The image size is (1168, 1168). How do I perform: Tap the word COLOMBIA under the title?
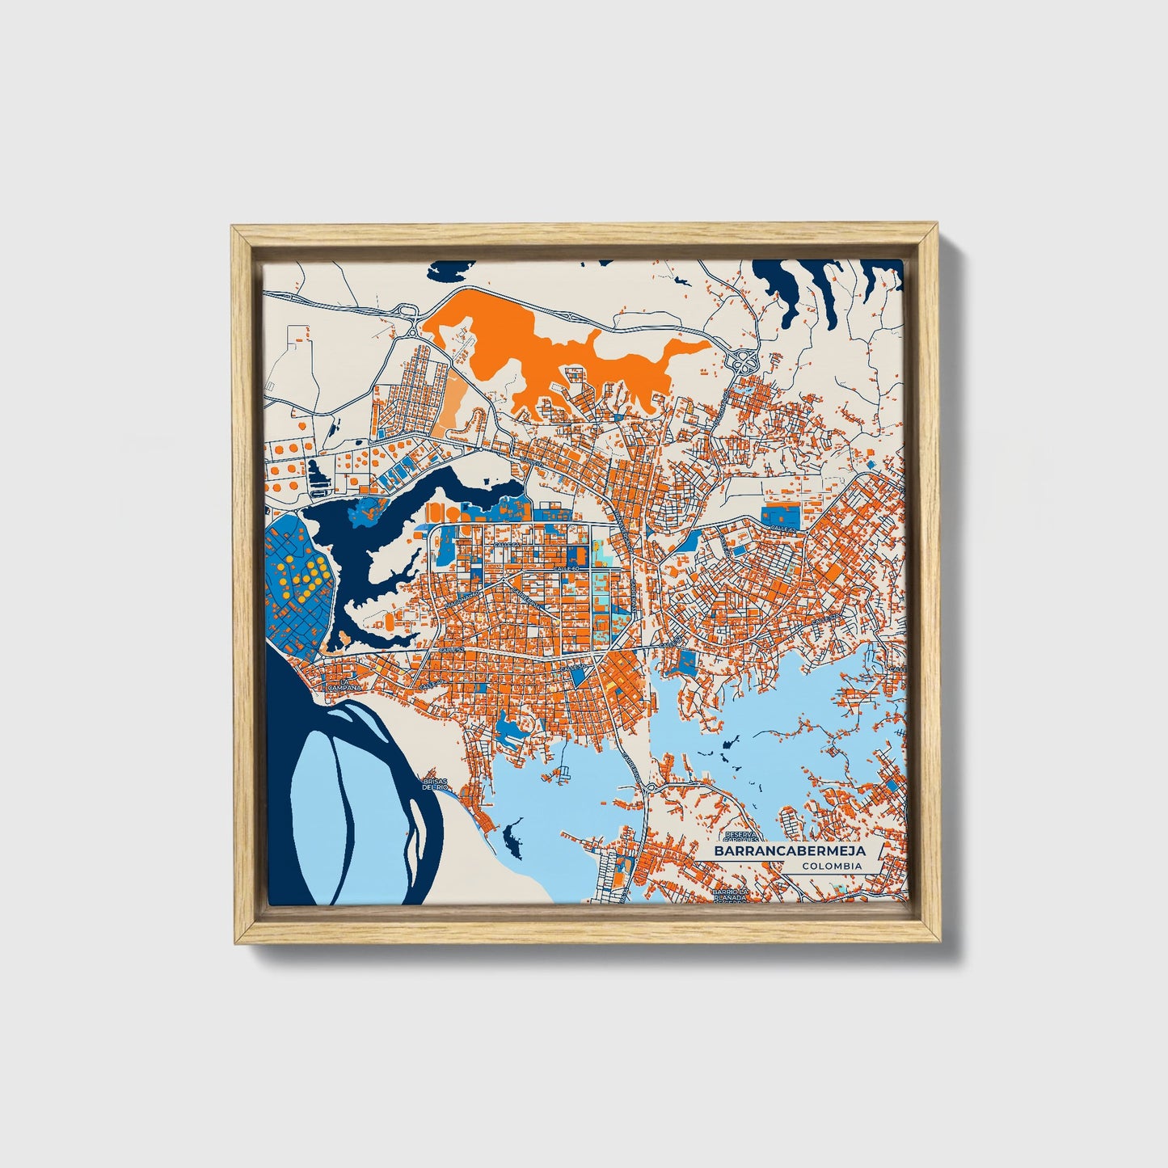coord(832,866)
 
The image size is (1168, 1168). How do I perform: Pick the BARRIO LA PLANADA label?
coord(732,895)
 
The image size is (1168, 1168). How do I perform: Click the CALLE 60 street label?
coord(567,570)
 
